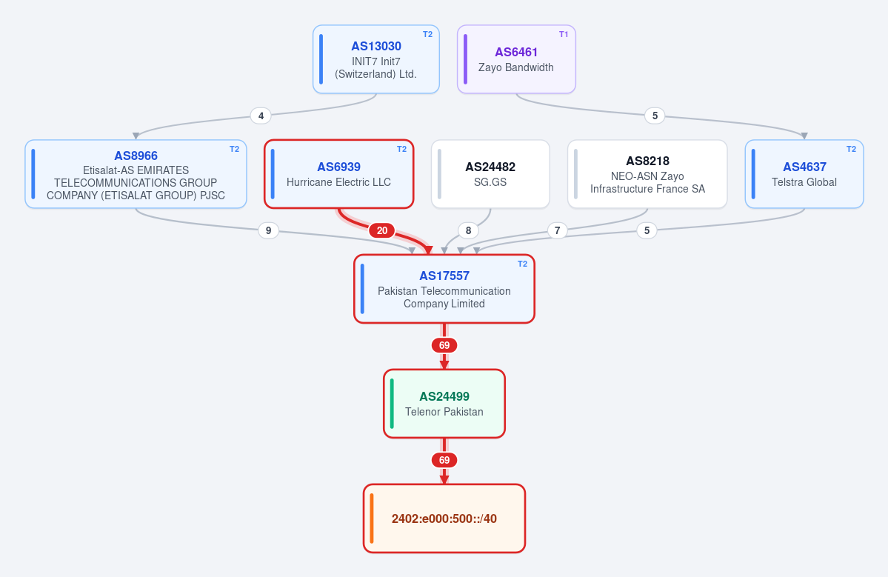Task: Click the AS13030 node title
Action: (376, 47)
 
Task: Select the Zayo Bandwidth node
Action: (516, 59)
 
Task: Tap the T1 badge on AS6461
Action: (564, 35)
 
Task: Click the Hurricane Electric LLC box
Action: (338, 174)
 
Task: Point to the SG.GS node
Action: (490, 174)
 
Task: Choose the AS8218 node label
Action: (647, 161)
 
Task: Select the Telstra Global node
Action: (804, 174)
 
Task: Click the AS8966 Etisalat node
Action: (136, 174)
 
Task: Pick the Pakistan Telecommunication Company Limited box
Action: (444, 289)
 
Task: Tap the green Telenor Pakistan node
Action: (444, 404)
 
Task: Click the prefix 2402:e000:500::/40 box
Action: (444, 518)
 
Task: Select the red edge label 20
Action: (382, 230)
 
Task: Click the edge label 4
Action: (261, 116)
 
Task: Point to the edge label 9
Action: (268, 230)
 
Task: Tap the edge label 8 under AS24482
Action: (468, 230)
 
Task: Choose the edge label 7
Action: (557, 230)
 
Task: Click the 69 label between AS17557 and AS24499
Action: (444, 345)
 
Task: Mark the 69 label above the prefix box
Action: (444, 461)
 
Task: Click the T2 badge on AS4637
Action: (851, 150)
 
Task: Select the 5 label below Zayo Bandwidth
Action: (655, 116)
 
